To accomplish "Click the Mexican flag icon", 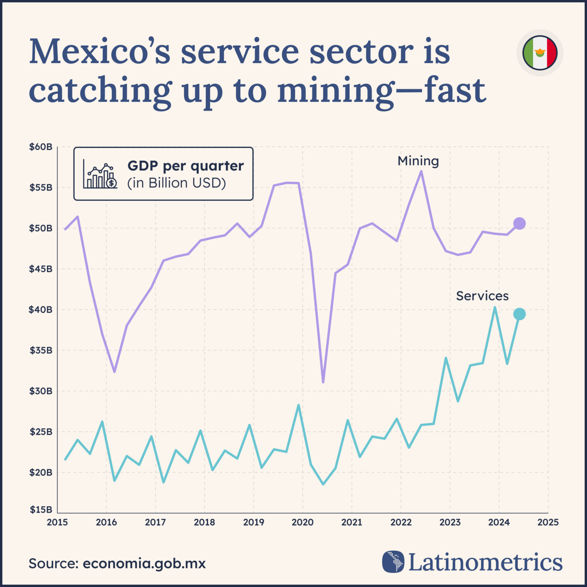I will click(540, 53).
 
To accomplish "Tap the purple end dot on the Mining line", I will click(519, 224).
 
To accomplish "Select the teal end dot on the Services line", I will click(519, 314).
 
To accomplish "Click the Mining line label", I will click(418, 161).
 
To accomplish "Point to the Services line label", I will click(482, 296).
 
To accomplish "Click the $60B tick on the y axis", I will click(41, 147).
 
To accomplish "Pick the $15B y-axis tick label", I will click(41, 510).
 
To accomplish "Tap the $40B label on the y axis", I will click(41, 310).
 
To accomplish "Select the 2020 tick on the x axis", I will click(303, 522).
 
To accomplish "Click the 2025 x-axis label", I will click(548, 522).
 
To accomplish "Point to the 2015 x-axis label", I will click(58, 522).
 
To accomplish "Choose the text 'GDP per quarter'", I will click(185, 166).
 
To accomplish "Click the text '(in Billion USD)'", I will click(176, 183).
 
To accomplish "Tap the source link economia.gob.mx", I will click(144, 563).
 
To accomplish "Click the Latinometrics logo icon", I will click(393, 562).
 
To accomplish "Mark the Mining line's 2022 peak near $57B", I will click(422, 171).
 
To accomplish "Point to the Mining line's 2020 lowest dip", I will click(323, 382).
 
